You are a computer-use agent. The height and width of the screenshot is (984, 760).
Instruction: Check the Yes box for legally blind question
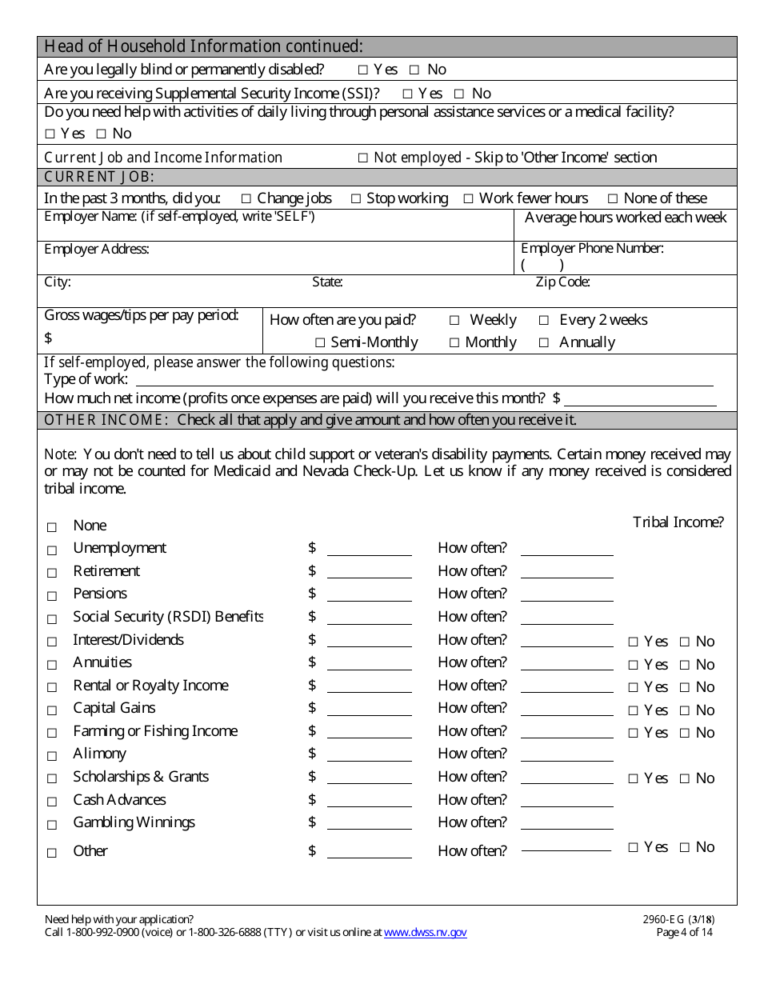tap(363, 70)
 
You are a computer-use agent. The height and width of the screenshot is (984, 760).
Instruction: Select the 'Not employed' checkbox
tap(362, 158)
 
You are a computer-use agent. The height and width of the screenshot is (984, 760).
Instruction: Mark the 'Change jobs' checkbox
tap(246, 198)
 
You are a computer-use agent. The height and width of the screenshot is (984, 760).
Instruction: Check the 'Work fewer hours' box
tap(468, 198)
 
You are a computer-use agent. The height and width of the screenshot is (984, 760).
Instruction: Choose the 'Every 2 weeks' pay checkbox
tap(544, 320)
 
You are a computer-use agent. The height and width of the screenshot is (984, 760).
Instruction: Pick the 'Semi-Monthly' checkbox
tap(319, 343)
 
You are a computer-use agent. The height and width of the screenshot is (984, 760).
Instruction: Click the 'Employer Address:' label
tap(97, 249)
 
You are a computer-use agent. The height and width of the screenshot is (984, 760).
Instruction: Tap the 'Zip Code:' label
tap(562, 282)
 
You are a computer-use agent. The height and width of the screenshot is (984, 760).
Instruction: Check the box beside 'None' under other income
tap(52, 527)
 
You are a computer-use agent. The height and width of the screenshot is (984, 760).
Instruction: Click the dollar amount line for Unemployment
tap(369, 549)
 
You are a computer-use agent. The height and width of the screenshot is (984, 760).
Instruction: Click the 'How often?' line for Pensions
tap(566, 594)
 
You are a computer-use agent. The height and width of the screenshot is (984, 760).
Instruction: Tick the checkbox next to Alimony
tap(52, 756)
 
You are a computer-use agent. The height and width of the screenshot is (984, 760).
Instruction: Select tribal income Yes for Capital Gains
tap(634, 710)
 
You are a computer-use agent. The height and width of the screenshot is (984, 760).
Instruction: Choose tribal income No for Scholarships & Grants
tap(685, 778)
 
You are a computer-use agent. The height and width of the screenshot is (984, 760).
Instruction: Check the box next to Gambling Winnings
tap(52, 825)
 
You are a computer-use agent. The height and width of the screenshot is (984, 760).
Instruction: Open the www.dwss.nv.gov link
tap(425, 932)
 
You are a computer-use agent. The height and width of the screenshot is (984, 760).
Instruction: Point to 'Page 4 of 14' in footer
tap(684, 932)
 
